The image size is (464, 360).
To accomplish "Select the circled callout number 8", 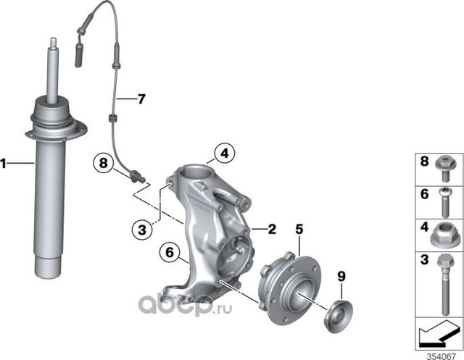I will (x=104, y=164).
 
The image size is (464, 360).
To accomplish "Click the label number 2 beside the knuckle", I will (x=272, y=230).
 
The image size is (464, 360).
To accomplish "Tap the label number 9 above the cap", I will (x=341, y=276).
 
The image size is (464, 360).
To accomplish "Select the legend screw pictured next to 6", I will (x=442, y=203).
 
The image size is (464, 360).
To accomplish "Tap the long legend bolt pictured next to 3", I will (x=442, y=282).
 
